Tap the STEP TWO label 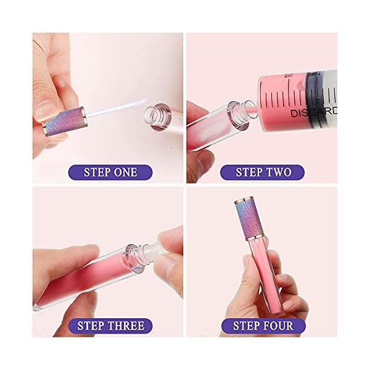(264, 171)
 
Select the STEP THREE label (110, 325)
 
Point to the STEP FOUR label (263, 325)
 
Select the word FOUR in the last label (277, 325)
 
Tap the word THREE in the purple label (125, 325)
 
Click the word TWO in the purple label (279, 171)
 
